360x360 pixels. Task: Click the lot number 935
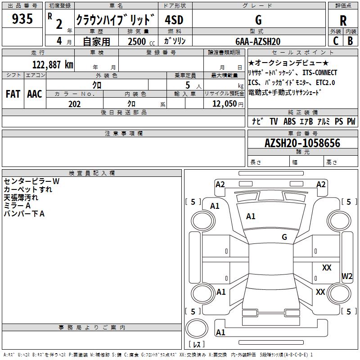pos(22,19)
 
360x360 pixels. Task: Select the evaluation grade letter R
pos(343,20)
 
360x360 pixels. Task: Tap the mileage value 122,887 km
pos(53,64)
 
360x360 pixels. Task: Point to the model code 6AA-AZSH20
pos(258,41)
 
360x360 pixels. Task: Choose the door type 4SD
pos(175,20)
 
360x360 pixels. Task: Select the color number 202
pos(74,104)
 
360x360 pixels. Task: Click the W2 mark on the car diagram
pos(347,276)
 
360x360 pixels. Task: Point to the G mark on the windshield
pos(284,237)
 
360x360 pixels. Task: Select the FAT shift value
pos(13,94)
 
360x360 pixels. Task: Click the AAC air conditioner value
pos(35,94)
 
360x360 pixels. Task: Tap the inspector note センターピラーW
pos(31,181)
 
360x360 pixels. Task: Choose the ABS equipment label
pos(290,121)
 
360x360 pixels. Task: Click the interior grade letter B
pos(351,41)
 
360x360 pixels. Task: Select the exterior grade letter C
pos(335,41)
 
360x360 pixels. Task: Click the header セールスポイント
pos(302,53)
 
